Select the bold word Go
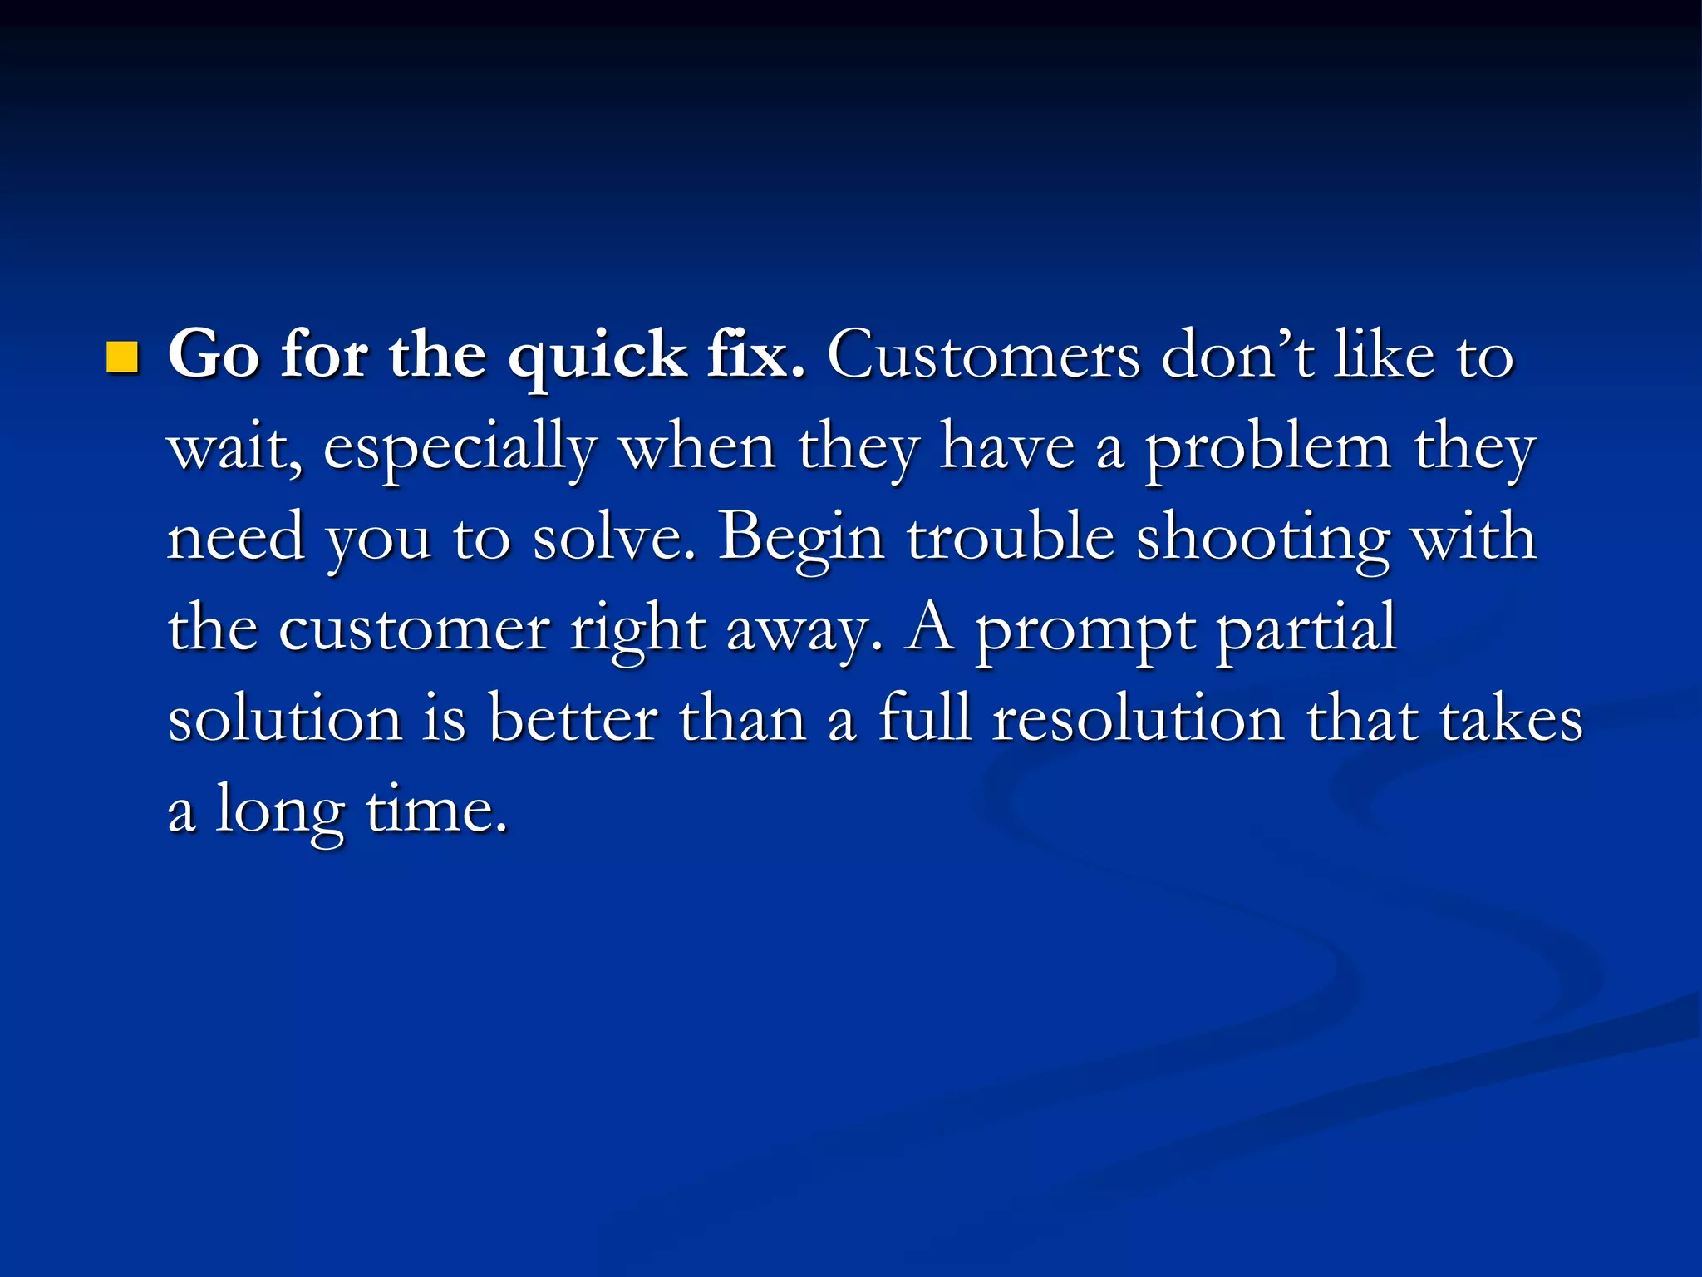click(x=214, y=356)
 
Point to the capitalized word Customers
click(x=984, y=356)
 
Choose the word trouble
click(x=1011, y=537)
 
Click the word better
click(x=573, y=718)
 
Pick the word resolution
click(x=1139, y=718)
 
